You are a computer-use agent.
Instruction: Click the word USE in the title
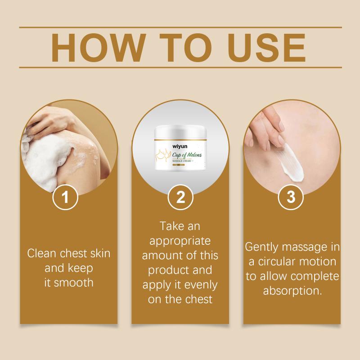click(x=266, y=48)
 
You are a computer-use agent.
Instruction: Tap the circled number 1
click(x=65, y=197)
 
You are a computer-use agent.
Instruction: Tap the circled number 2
click(x=180, y=197)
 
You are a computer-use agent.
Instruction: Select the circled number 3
click(x=291, y=197)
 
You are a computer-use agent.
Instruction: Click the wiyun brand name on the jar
click(x=180, y=147)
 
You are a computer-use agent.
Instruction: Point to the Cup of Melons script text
click(x=187, y=155)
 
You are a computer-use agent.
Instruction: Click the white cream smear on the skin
click(x=292, y=162)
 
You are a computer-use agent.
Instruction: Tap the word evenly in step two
click(x=201, y=285)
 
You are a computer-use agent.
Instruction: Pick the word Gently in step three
click(x=262, y=247)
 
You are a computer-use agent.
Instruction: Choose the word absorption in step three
click(x=292, y=291)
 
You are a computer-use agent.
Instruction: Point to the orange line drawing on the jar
click(x=164, y=155)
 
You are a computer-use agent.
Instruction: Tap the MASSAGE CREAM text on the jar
click(x=182, y=161)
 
